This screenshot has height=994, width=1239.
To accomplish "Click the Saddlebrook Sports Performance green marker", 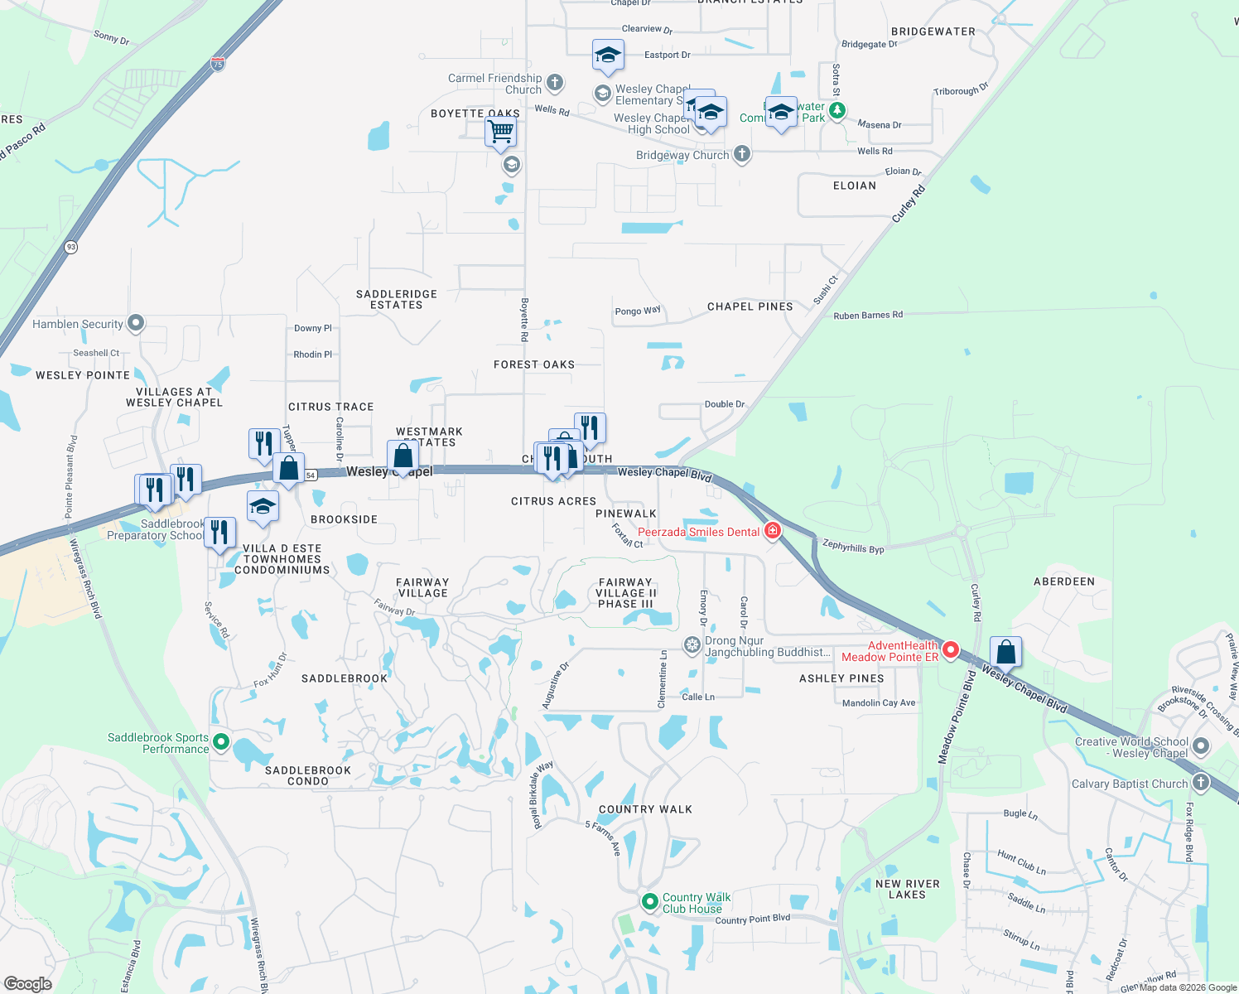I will tap(220, 742).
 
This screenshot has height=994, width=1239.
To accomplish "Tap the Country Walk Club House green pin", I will tap(650, 900).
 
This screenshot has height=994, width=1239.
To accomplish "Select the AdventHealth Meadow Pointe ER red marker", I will tap(951, 650).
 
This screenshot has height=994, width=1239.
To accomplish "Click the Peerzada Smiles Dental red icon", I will tap(773, 530).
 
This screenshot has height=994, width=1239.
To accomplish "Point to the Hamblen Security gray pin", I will tap(137, 323).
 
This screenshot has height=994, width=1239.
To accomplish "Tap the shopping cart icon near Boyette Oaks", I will tap(500, 132).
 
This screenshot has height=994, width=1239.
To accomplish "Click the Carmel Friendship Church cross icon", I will tap(555, 82).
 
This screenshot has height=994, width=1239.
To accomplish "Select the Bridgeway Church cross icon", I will tap(742, 153).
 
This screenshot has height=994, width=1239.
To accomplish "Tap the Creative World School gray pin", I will tap(1201, 746).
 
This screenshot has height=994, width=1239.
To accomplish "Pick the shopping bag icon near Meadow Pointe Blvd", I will tap(1005, 652).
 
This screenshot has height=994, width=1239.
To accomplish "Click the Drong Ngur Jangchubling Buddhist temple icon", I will tap(692, 644).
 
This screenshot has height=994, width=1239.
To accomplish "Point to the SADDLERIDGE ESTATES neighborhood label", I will tap(397, 300).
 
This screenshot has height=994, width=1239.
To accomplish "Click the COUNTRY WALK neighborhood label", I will tap(645, 809).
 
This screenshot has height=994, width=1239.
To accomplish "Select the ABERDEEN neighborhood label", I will tap(1064, 581).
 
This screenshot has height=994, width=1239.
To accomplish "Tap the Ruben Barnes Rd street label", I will tap(868, 316).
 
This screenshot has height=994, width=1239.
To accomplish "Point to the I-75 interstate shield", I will tap(217, 64).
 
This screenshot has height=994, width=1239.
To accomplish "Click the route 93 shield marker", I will tap(71, 247).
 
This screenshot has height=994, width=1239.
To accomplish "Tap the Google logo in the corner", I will tap(28, 984).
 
